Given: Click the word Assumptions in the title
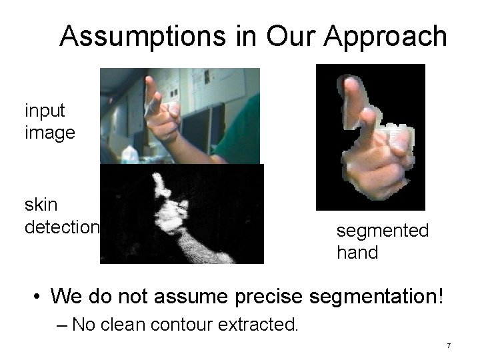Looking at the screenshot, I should pos(142,36).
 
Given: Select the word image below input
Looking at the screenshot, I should pos(49,132).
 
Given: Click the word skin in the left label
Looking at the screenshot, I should pos(41,205).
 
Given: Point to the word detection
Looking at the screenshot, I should pos(62,227).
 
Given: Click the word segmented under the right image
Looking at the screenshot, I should pos(382,231).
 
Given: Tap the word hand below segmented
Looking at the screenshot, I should pos(357,253).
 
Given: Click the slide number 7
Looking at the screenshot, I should pos(449,345).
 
